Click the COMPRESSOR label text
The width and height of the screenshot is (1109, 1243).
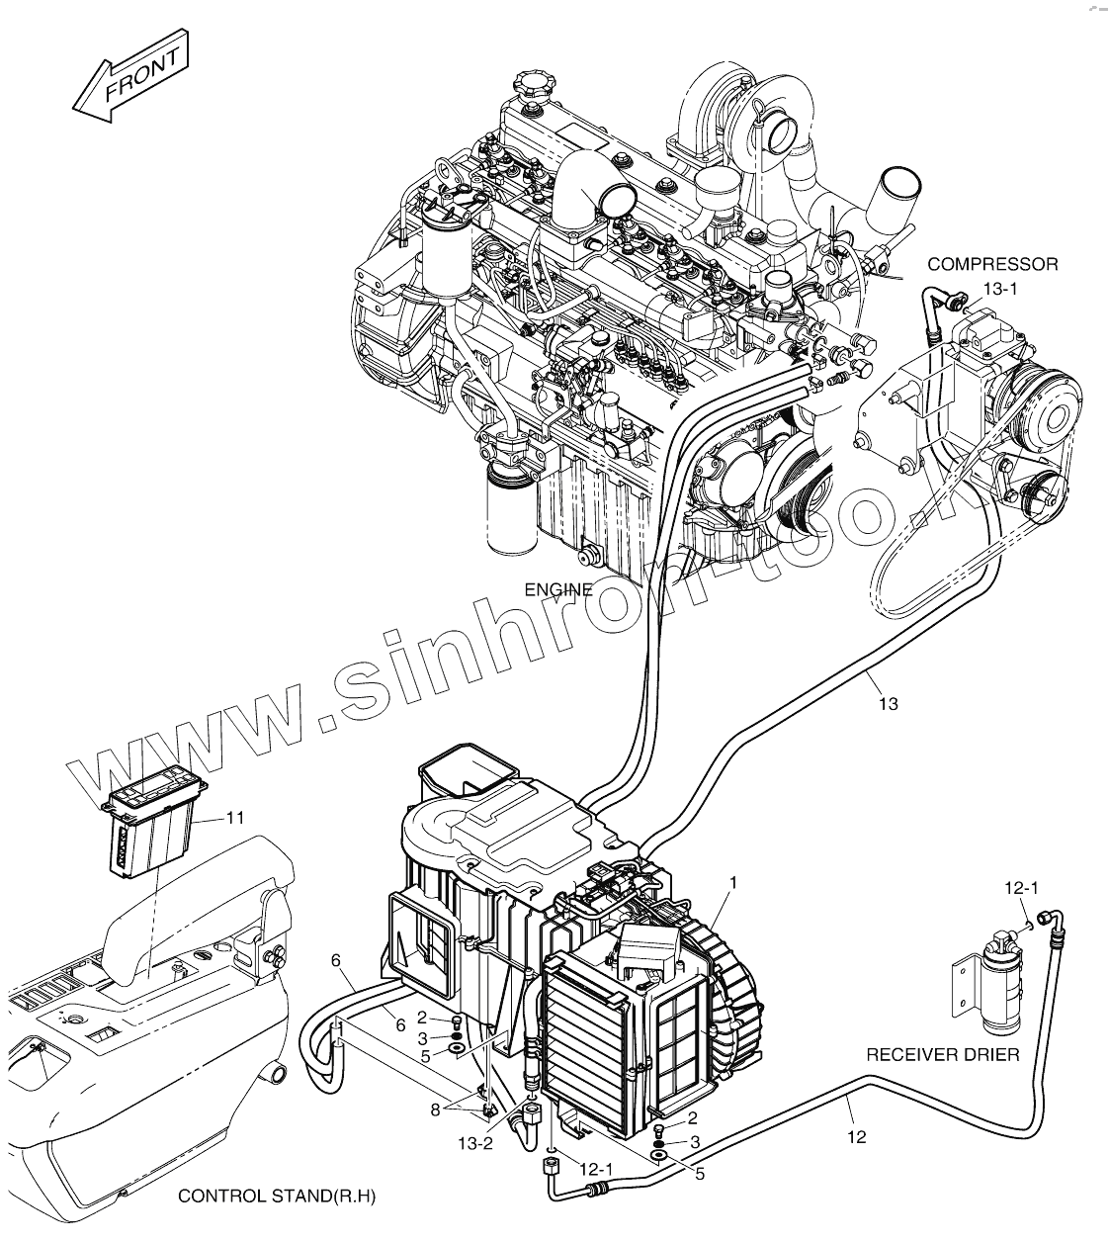pyautogui.click(x=992, y=264)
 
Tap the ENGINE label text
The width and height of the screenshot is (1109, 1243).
pyautogui.click(x=558, y=590)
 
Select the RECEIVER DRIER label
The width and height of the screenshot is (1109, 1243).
pyautogui.click(x=942, y=1055)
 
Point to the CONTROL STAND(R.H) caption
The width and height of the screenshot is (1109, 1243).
pyautogui.click(x=277, y=1197)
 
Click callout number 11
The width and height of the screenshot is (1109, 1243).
pyautogui.click(x=234, y=818)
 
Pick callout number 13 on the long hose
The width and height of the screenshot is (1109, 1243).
pyautogui.click(x=888, y=704)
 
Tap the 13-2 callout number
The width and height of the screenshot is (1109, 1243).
pyautogui.click(x=474, y=1143)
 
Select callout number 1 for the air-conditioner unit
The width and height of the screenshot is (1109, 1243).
pyautogui.click(x=732, y=881)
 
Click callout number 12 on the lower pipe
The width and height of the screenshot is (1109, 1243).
pyautogui.click(x=856, y=1136)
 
